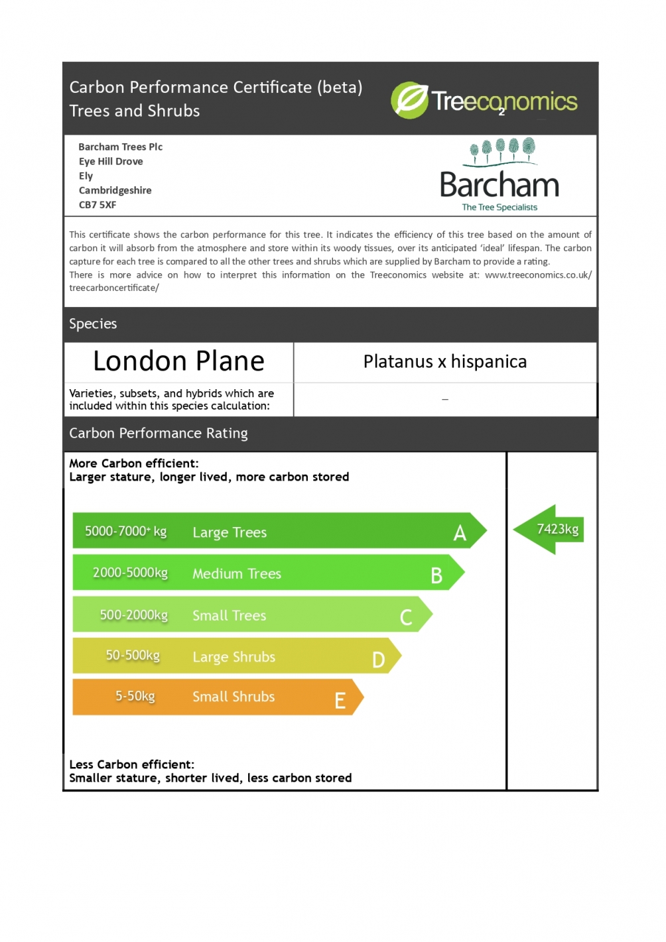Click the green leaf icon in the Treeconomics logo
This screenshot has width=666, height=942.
410,100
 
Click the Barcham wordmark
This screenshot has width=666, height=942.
499,185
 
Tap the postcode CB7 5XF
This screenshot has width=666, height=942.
98,205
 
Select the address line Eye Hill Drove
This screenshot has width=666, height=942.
111,161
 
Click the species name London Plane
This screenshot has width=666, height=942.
178,361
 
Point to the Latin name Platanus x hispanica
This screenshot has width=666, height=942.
444,361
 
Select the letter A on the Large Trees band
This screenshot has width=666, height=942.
460,533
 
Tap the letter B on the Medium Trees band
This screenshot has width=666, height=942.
436,575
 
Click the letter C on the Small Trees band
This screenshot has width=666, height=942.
406,618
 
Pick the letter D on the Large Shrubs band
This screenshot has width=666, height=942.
378,660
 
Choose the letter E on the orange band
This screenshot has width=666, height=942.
340,701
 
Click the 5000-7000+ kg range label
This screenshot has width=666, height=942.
125,531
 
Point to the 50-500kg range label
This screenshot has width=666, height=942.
133,655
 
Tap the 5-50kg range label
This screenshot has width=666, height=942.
135,696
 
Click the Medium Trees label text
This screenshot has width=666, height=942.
237,573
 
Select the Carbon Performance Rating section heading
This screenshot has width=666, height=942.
159,433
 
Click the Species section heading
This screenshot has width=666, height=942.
93,324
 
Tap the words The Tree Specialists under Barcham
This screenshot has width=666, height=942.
499,207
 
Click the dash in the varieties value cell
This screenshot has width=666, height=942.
445,400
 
